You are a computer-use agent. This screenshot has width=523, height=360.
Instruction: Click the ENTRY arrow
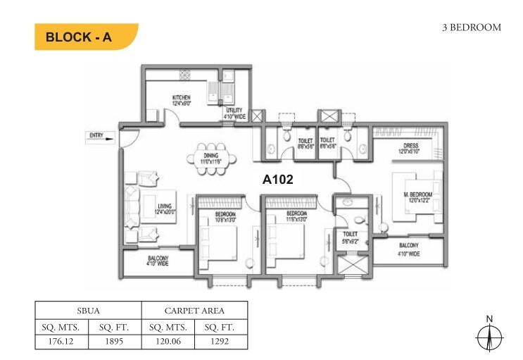98,138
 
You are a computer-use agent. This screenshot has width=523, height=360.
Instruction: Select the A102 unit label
277,179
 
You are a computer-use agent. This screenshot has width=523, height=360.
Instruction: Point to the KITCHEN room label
182,100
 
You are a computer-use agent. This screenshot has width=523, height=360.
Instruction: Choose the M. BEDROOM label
417,197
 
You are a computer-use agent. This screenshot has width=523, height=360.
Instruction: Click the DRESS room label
411,149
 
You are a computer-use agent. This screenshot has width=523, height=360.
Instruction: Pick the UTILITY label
234,113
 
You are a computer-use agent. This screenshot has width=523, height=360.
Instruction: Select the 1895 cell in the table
115,342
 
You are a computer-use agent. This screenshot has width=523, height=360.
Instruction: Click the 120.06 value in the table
168,342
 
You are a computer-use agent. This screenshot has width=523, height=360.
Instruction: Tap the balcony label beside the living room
157,261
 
